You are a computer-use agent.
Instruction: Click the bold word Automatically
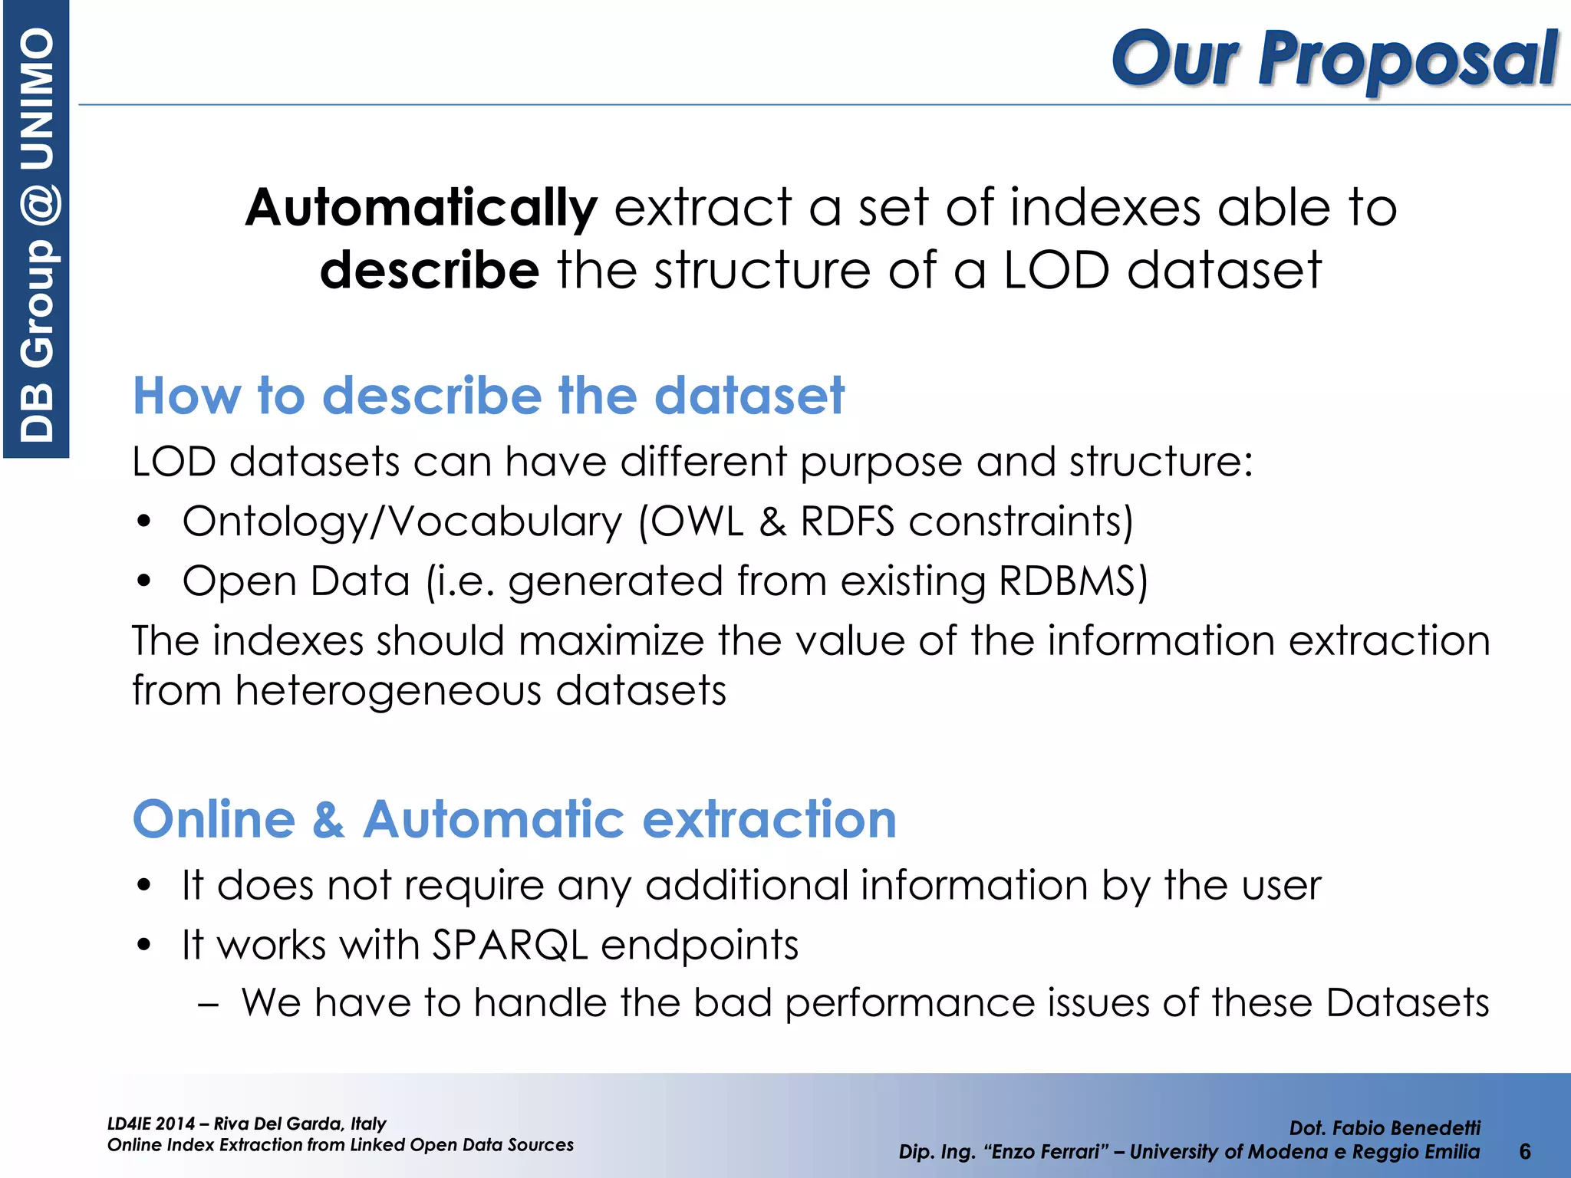tap(420, 209)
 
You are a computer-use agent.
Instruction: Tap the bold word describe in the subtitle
tap(430, 271)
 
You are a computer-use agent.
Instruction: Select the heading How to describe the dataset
tap(488, 396)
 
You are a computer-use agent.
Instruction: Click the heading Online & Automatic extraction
tap(514, 819)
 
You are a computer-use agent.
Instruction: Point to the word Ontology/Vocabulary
tap(402, 522)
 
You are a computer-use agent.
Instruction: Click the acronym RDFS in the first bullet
tap(847, 522)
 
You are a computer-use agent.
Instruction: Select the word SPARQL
tap(509, 944)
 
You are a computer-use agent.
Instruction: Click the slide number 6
tap(1524, 1151)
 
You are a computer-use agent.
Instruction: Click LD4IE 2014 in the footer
tap(151, 1124)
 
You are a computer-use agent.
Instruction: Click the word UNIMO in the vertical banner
tap(37, 100)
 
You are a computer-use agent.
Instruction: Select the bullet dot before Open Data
tap(143, 581)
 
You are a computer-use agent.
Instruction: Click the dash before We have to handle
tap(208, 1004)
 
